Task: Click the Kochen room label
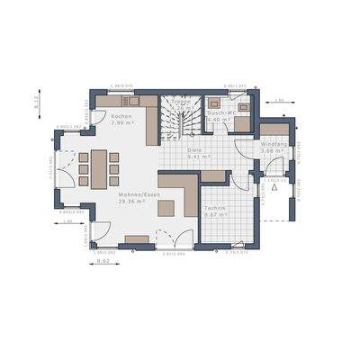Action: [x=122, y=118]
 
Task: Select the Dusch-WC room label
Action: [x=220, y=112]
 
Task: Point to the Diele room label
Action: [x=193, y=150]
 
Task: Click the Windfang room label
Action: [x=274, y=144]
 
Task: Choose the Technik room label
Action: [x=215, y=208]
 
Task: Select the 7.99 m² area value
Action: [x=122, y=124]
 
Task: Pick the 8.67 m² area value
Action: [x=215, y=214]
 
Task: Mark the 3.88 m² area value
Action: [x=274, y=150]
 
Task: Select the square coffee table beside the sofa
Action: [x=166, y=208]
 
